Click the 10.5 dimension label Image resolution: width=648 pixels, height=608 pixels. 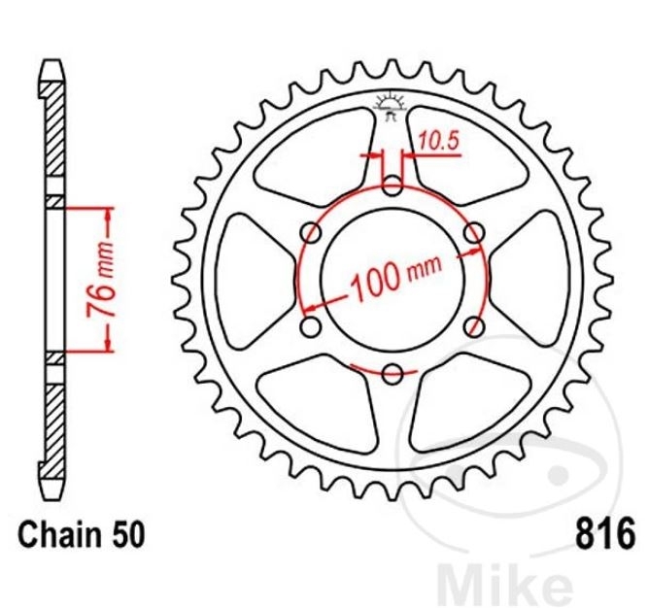(x=439, y=141)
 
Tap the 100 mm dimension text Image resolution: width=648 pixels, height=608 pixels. (x=395, y=277)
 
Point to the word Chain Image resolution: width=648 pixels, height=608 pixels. (x=60, y=535)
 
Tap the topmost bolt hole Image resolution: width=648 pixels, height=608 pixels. (x=392, y=186)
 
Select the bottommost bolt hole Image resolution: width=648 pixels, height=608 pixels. (x=392, y=374)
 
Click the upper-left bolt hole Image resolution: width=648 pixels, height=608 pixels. (x=311, y=232)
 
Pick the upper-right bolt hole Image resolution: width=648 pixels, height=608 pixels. (x=473, y=232)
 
